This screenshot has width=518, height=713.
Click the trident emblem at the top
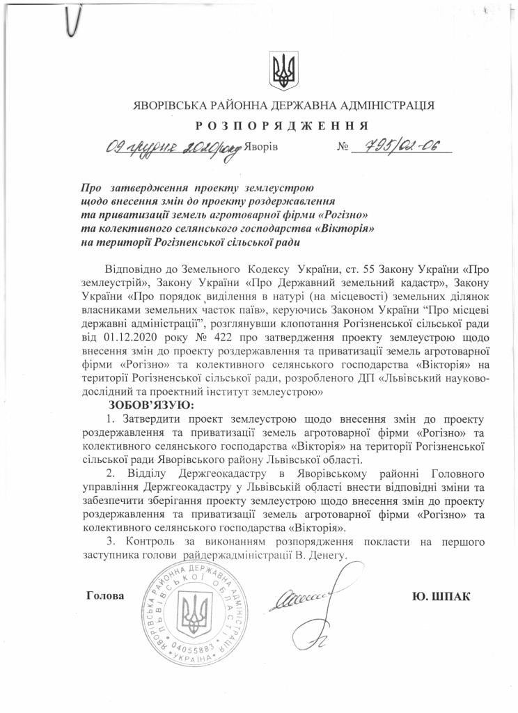click(283, 70)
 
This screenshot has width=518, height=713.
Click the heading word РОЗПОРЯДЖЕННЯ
click(282, 125)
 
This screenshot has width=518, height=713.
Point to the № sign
click(343, 148)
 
